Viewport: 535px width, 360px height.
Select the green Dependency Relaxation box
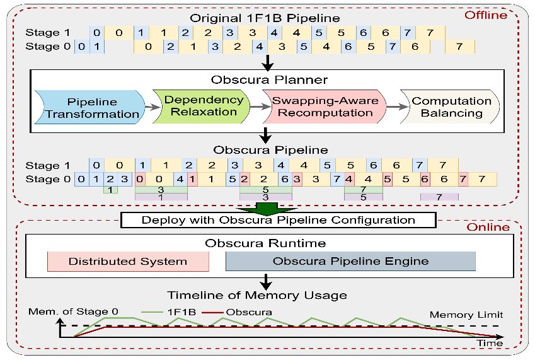coord(204,105)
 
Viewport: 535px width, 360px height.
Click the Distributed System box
coord(127,261)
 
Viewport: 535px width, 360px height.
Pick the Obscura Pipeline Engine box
coord(350,261)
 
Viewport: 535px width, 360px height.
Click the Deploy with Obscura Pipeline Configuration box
coord(278,220)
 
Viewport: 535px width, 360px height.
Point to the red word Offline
coord(485,15)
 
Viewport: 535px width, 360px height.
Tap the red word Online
coord(488,226)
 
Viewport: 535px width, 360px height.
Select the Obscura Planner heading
coord(270,80)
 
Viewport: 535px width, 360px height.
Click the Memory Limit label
coord(466,315)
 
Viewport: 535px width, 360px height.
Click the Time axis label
coord(490,343)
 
